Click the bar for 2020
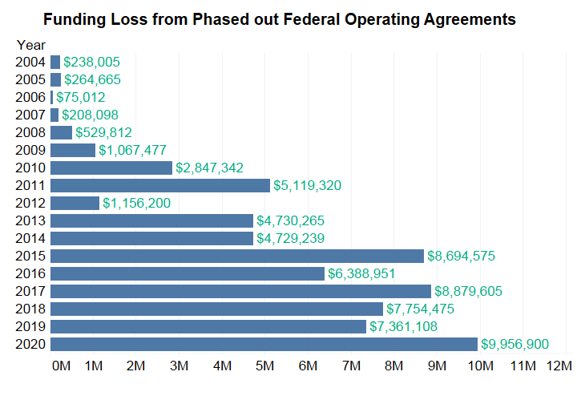coord(264,344)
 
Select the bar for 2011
coord(160,185)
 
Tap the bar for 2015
coord(237,257)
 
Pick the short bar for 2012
coord(75,203)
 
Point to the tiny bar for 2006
coord(52,97)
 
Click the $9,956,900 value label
coord(514,345)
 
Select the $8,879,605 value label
coord(468,292)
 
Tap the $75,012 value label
coord(81,98)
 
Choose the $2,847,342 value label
coord(209,168)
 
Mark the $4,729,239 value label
coord(290,239)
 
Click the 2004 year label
coord(30,62)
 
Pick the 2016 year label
coord(30,273)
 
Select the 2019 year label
coord(30,326)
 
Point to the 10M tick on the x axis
coord(480,366)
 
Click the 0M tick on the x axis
coord(61,366)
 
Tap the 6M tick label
coord(308,366)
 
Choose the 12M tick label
coord(559,366)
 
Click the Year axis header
coord(31,45)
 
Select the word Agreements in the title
coord(470,20)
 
